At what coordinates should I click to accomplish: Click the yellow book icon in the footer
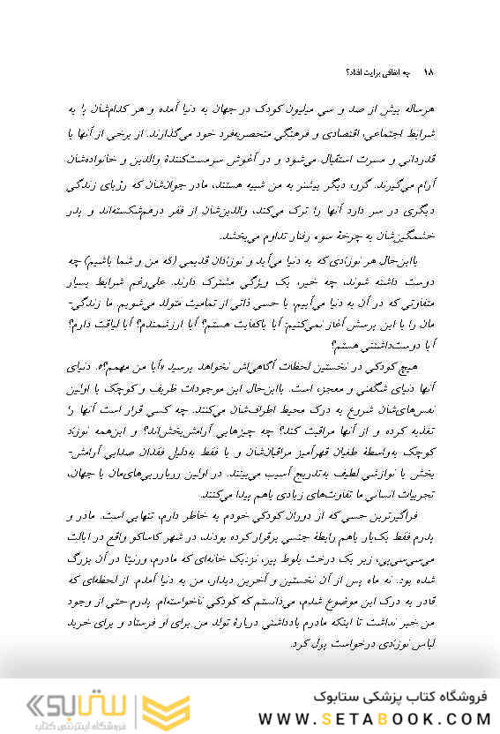168,708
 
